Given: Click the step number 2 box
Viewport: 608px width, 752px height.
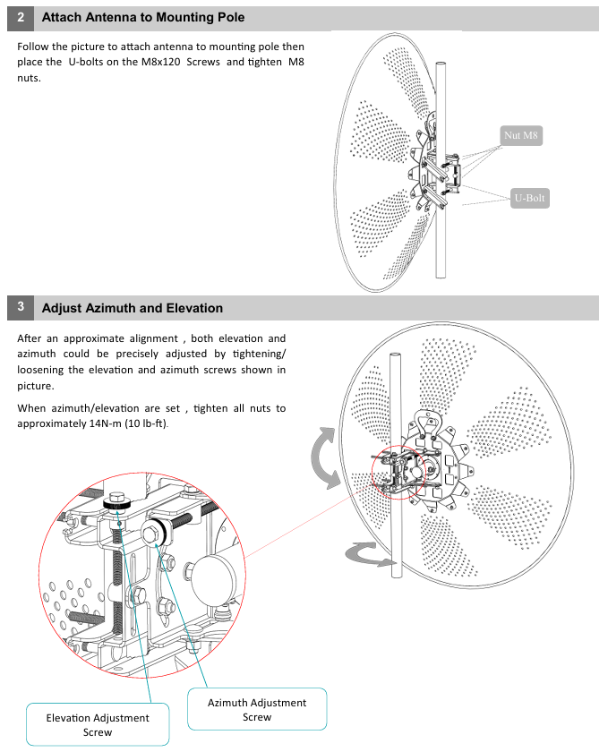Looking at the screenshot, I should click(21, 18).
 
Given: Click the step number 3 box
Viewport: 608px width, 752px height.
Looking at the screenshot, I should click(21, 307).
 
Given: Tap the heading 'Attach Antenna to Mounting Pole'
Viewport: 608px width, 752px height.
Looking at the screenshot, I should click(143, 18).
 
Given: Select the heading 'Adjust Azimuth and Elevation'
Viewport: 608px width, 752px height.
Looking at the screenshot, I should click(133, 308).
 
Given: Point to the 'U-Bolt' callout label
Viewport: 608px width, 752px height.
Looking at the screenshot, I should click(529, 198).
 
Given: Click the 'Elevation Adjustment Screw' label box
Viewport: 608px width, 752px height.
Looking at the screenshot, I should click(98, 724).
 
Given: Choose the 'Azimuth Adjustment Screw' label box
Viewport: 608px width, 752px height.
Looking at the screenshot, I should click(257, 709).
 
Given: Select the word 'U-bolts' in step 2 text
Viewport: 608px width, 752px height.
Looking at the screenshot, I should click(89, 62).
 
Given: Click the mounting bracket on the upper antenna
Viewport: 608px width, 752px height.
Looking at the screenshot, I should click(438, 170).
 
